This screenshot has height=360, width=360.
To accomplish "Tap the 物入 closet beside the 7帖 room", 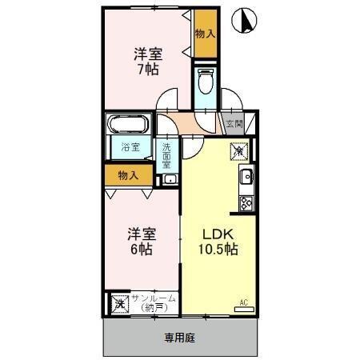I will tap(205, 34).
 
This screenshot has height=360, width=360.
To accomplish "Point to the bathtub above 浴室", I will tap(127, 126).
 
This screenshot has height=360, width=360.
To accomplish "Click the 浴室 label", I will tap(130, 148).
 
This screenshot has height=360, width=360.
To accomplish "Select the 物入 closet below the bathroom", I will tap(128, 174).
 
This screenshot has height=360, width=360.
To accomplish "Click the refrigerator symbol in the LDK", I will tap(242, 150).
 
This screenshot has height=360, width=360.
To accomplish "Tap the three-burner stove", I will tap(246, 202).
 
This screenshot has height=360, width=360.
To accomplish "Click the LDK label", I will tap(217, 234).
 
